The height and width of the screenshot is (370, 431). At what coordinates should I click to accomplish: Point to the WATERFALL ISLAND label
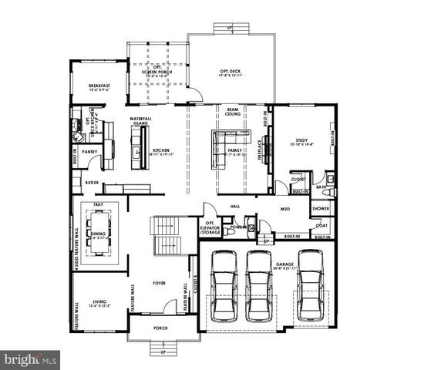click(140, 120)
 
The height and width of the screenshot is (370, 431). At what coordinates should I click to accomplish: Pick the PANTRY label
click(89, 152)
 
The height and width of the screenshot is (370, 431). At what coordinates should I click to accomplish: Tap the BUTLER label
click(92, 183)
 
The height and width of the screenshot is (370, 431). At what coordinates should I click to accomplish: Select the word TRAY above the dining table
click(99, 204)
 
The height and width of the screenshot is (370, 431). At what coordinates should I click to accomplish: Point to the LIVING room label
click(99, 303)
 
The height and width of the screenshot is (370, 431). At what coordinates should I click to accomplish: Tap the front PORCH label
click(160, 328)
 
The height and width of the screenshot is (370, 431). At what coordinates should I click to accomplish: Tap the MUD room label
click(284, 208)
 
